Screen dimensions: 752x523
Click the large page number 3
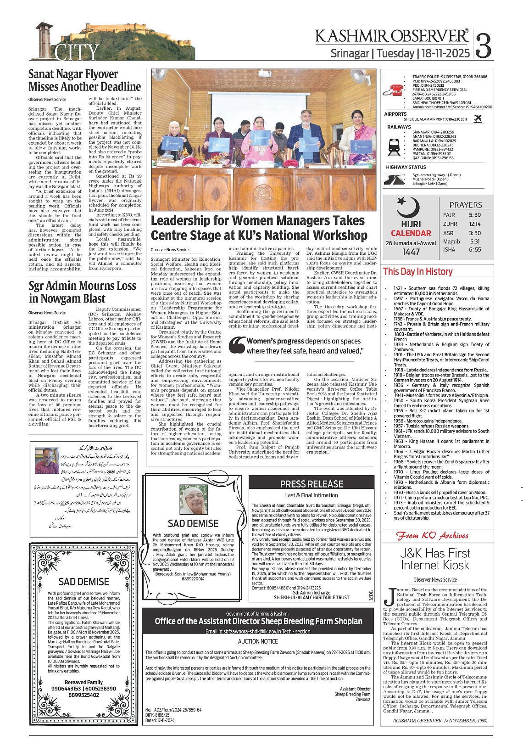[483, 45]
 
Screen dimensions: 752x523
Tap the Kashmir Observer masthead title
[392, 36]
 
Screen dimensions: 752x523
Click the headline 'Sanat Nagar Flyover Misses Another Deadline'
[84, 80]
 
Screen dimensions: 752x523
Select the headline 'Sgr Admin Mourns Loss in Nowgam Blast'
[82, 292]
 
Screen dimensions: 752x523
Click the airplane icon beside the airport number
[478, 118]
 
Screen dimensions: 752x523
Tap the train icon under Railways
[394, 146]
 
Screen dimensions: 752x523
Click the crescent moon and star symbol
[408, 208]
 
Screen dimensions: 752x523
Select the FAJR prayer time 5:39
[475, 215]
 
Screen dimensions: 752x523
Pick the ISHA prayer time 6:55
[475, 250]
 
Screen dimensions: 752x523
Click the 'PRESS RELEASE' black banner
[312, 484]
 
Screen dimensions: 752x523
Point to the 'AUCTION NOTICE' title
[258, 641]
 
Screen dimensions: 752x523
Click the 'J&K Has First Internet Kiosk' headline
[435, 559]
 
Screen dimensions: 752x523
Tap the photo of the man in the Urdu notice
[47, 460]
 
